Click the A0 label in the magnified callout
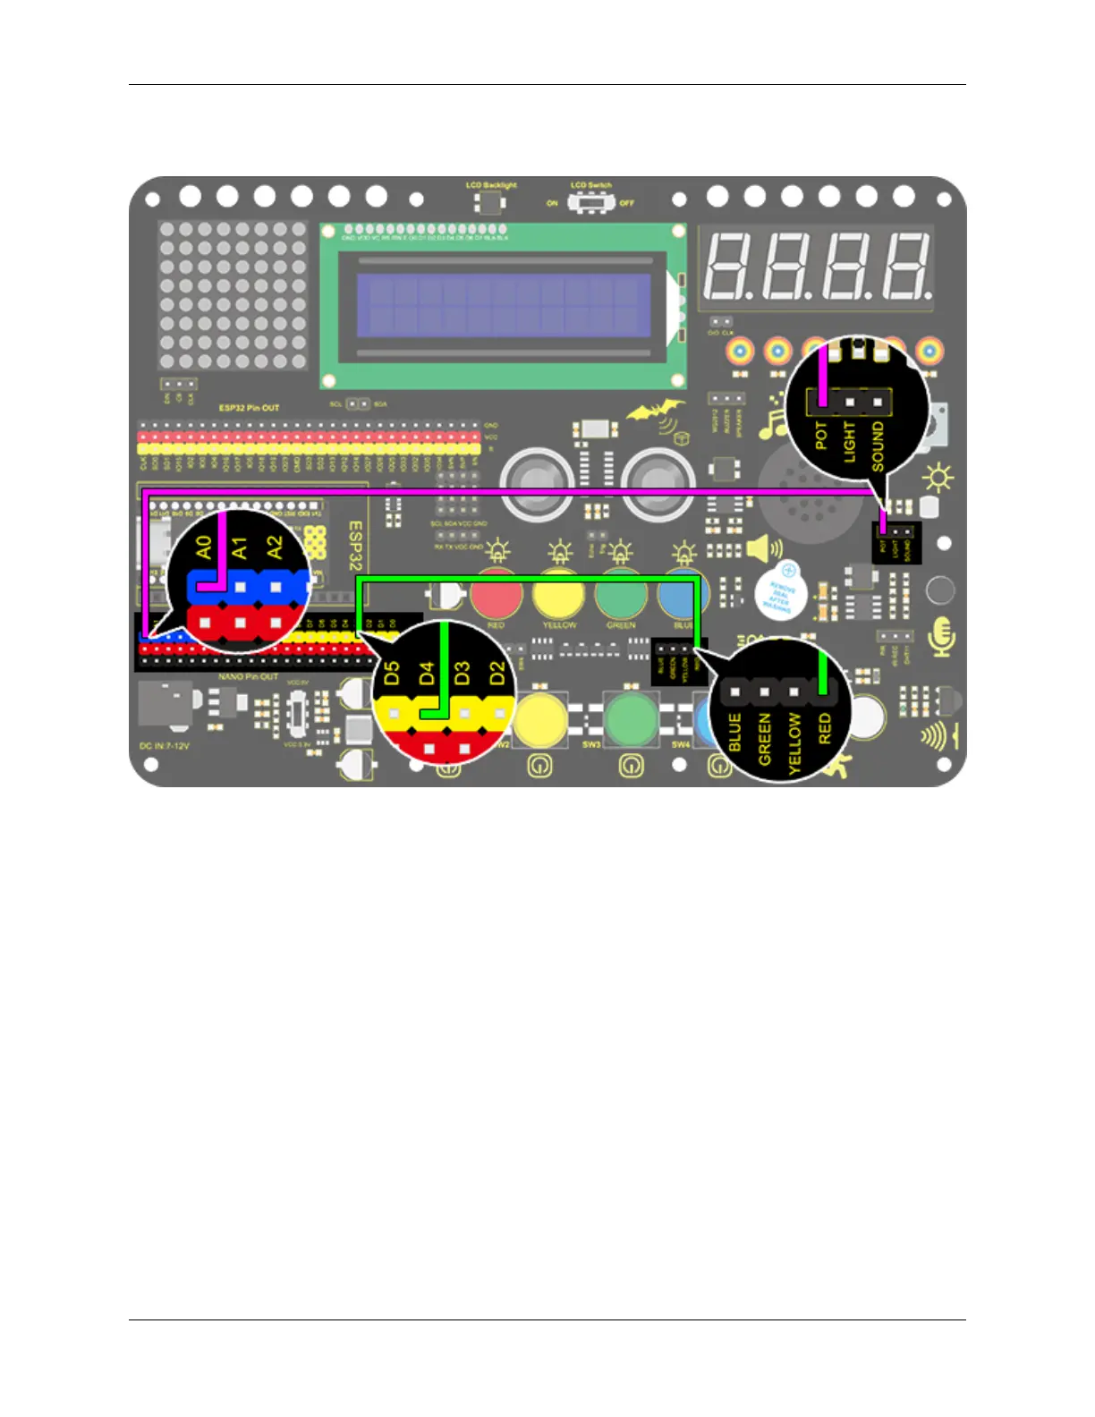pos(204,547)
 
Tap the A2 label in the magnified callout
pos(275,547)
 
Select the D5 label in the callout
pos(392,674)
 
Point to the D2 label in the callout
pos(497,674)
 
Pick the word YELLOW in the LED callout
pos(794,743)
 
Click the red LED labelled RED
pos(497,594)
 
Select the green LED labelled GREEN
pos(621,594)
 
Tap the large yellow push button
pos(539,717)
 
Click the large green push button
pos(631,717)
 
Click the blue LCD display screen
pos(504,304)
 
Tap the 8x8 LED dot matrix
pos(233,296)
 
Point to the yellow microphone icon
pos(940,636)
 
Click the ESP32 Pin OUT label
pos(249,408)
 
